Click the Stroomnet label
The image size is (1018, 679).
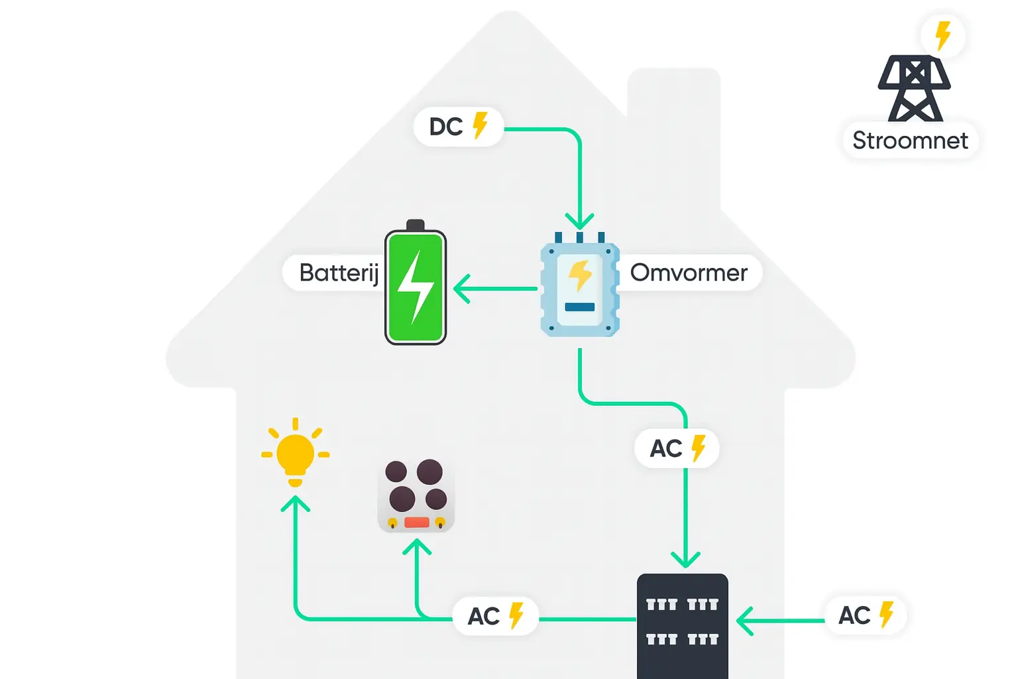coord(909,141)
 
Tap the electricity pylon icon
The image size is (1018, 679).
coord(914,89)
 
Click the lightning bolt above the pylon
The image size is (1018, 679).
coord(942,35)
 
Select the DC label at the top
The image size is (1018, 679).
coord(458,127)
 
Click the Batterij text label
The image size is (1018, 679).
coord(338,273)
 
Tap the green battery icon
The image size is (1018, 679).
coord(416,285)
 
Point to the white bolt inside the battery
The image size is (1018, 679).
coord(415,287)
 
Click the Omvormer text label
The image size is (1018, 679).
coord(689,273)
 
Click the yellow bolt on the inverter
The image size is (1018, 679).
coord(580,275)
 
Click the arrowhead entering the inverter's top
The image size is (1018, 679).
coord(579,221)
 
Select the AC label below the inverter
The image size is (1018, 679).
coord(677,449)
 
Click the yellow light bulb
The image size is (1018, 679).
coord(295,454)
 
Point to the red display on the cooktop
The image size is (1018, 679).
coord(416,523)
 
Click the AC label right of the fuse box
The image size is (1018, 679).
coord(865,615)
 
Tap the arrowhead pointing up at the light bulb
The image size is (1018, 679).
coord(295,504)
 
